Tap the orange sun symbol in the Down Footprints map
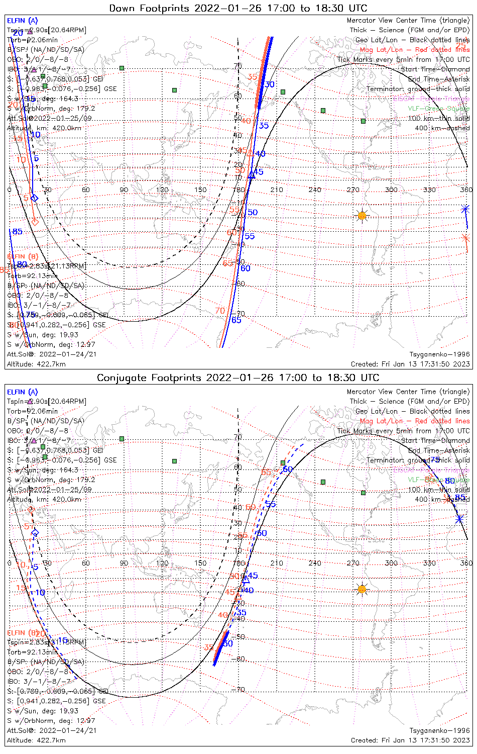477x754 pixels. [362, 216]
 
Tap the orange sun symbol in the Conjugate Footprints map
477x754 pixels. [362, 589]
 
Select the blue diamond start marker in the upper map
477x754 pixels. [34, 198]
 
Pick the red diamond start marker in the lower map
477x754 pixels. [31, 510]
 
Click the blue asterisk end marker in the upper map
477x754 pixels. [465, 209]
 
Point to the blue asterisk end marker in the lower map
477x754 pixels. [459, 519]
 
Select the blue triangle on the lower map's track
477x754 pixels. [246, 580]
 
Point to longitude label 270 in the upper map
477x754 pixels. [353, 190]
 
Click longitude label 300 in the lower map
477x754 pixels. [391, 563]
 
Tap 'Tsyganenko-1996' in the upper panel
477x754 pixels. [439, 354]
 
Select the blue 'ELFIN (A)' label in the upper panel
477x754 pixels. [22, 21]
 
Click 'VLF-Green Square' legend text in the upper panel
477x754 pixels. [438, 109]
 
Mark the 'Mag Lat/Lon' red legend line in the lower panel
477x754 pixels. [414, 421]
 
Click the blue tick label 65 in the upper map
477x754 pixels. [236, 320]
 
